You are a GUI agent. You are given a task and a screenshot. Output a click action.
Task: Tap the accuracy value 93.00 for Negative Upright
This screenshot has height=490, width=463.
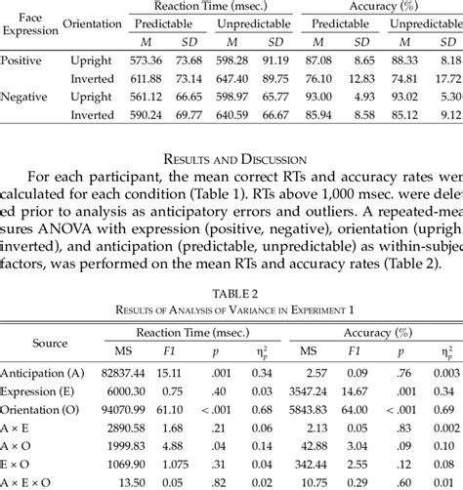coord(318,97)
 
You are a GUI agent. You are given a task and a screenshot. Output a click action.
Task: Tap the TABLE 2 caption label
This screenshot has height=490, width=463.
coord(231,291)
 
